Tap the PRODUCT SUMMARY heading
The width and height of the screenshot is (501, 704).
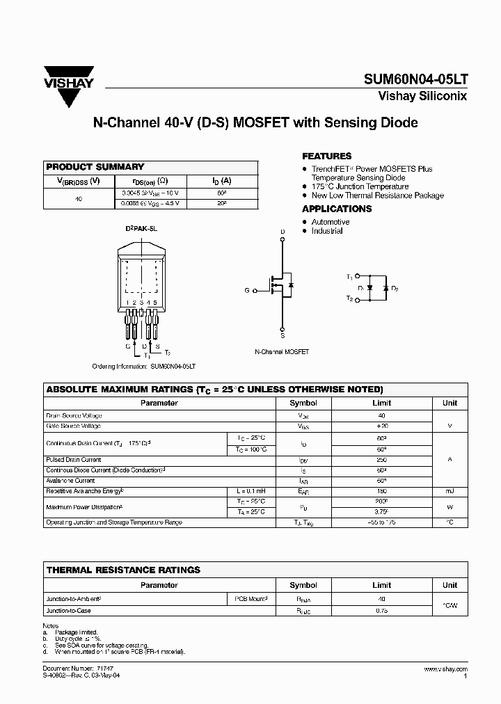[95, 167]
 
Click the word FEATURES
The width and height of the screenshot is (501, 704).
[326, 157]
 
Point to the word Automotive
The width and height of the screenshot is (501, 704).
[331, 222]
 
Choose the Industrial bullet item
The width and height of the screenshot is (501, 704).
[327, 231]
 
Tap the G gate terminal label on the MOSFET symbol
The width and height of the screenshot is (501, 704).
[246, 290]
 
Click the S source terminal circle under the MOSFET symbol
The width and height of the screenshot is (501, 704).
[282, 329]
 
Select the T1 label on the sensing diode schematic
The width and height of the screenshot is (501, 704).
[349, 277]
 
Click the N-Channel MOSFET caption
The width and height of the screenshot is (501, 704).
[282, 352]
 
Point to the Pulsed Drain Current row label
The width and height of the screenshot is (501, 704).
[74, 460]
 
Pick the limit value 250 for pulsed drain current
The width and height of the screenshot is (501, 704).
[381, 460]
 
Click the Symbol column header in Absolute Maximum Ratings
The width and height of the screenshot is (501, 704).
[303, 403]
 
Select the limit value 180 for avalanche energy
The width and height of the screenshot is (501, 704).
[381, 490]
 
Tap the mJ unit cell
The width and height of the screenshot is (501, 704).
[450, 490]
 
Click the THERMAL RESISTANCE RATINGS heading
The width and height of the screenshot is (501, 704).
[123, 570]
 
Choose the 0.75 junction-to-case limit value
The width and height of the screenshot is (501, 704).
[381, 611]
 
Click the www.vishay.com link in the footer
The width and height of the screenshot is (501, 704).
[445, 669]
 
